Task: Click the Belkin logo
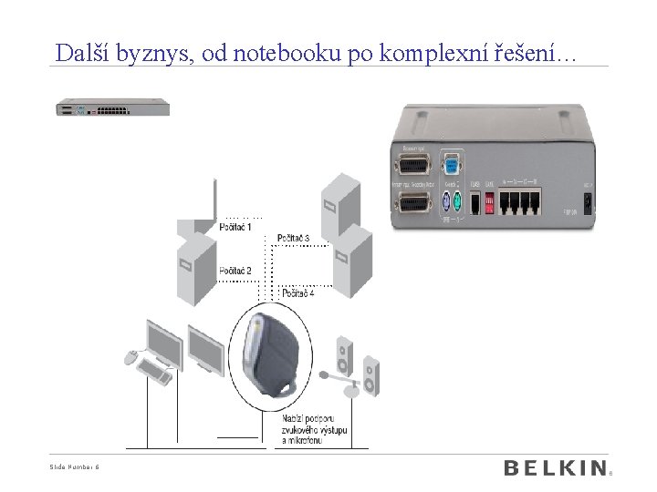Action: [555, 468]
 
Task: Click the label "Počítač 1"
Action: [235, 227]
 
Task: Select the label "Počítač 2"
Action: [235, 271]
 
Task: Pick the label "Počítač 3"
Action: [293, 239]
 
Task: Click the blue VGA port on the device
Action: [450, 166]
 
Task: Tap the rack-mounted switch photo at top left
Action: [113, 108]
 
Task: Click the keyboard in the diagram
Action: [156, 369]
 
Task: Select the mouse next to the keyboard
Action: [130, 354]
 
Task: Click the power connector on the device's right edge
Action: [588, 201]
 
